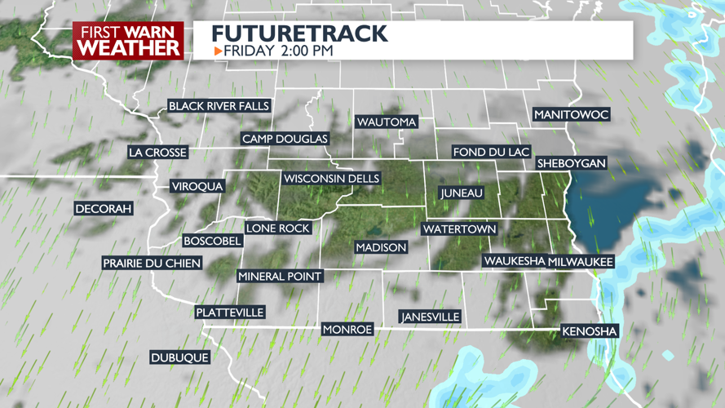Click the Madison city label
381,247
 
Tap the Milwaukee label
580,261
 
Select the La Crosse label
158,153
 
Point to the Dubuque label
180,357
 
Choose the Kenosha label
590,331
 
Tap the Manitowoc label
571,115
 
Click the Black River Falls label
219,106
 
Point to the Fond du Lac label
492,153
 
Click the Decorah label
104,209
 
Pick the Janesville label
430,317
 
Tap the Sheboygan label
572,163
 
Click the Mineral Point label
280,277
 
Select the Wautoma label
387,122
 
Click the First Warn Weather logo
128,41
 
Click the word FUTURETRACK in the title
299,33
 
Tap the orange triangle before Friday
218,51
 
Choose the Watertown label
459,229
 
